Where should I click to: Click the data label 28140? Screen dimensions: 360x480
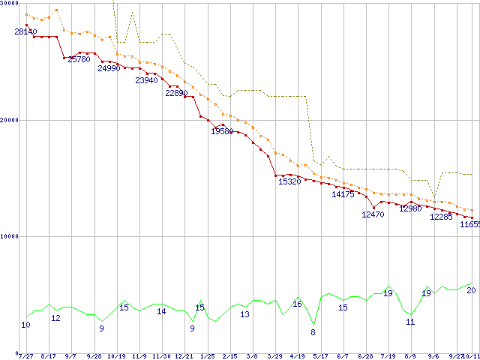[25, 31]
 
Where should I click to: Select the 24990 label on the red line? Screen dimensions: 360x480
[109, 68]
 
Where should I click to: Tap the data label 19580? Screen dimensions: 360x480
[222, 131]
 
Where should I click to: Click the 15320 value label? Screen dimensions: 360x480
[289, 181]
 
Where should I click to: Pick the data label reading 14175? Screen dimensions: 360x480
[343, 194]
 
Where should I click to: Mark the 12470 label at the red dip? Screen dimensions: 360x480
[373, 214]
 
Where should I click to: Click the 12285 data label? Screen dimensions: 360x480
[441, 217]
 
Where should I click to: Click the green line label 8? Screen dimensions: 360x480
[313, 331]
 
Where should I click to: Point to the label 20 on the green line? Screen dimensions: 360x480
[471, 290]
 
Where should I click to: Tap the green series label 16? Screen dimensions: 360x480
[297, 304]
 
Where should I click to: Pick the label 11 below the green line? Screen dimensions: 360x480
[410, 322]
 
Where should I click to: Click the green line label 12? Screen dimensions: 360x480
[55, 318]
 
